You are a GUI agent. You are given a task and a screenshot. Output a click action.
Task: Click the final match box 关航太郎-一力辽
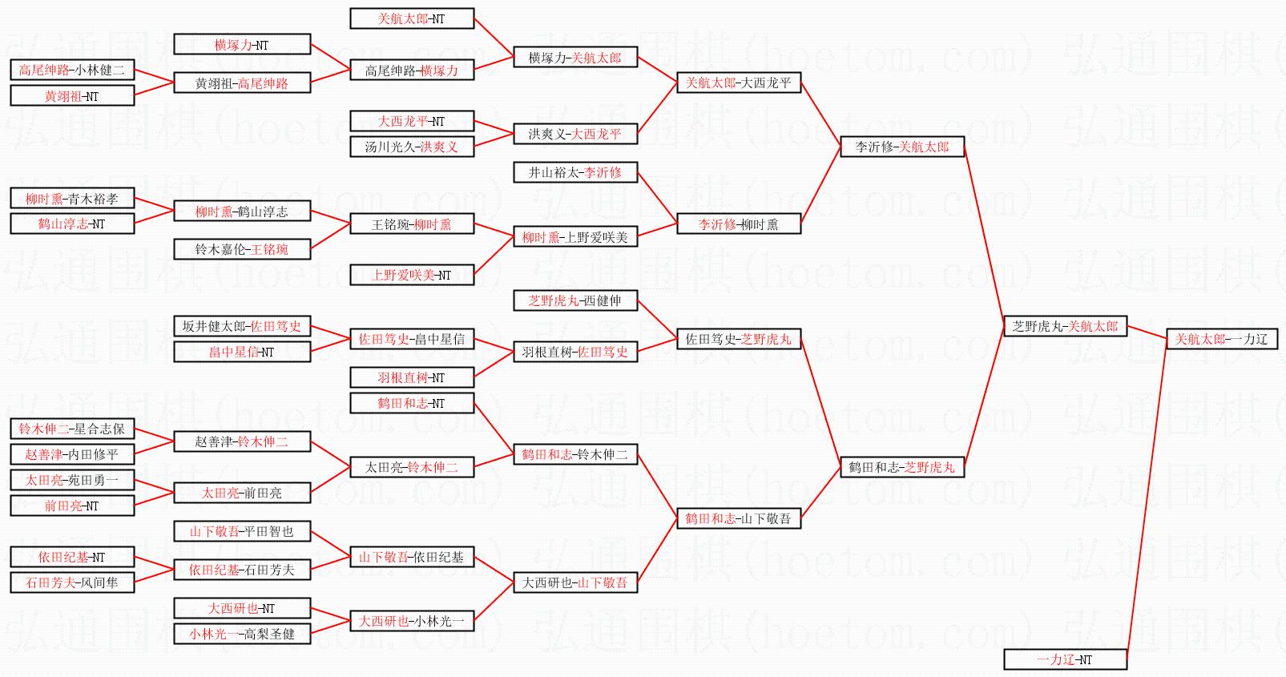(1221, 339)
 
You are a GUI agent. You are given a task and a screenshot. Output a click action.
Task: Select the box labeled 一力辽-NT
(1065, 659)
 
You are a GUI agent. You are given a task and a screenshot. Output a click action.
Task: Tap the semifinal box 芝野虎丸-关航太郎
(1065, 326)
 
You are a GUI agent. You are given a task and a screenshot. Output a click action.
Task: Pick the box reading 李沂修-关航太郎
(901, 147)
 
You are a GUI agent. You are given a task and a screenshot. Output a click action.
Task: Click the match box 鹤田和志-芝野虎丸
(901, 467)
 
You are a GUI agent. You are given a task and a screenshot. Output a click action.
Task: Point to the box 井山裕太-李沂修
(574, 172)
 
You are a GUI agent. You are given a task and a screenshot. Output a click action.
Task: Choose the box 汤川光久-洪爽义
(411, 147)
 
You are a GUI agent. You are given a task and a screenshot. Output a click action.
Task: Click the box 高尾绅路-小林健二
(72, 70)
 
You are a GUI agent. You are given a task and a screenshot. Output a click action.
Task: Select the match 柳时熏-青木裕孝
(72, 199)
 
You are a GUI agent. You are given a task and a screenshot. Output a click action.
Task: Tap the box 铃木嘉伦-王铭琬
(241, 249)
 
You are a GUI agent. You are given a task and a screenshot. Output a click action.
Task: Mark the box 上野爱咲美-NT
(411, 275)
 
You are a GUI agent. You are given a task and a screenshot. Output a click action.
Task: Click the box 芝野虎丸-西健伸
(574, 300)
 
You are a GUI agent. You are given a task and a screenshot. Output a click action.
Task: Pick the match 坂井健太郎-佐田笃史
(241, 326)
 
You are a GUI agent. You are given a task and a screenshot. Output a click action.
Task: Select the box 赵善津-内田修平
(72, 454)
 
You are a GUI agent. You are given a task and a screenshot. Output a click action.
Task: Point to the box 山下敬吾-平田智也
(241, 531)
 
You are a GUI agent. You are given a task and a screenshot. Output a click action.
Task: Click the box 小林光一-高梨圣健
(241, 634)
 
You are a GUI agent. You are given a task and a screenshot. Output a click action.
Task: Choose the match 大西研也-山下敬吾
(574, 582)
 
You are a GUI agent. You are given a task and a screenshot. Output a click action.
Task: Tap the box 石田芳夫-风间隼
(72, 582)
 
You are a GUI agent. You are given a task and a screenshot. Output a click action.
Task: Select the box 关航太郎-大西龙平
(738, 83)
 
